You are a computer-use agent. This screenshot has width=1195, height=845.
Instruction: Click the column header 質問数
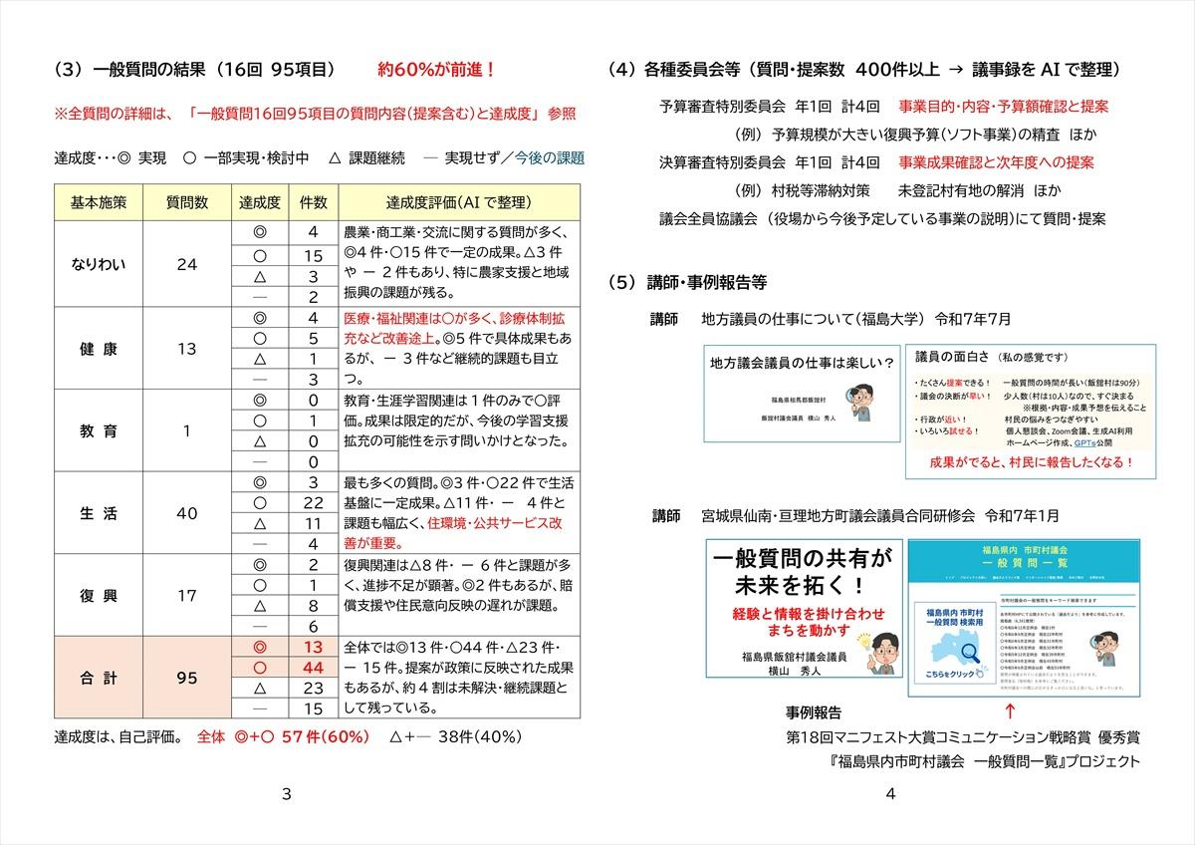click(x=186, y=201)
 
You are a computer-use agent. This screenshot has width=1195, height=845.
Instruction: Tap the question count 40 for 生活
click(x=186, y=514)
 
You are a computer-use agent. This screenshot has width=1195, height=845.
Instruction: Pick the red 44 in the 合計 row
click(x=313, y=667)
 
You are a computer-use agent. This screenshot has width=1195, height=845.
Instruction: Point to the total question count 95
click(x=186, y=678)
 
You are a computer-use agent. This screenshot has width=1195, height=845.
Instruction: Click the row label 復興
click(x=99, y=596)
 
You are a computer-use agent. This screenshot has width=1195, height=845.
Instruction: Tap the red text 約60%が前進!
click(x=436, y=71)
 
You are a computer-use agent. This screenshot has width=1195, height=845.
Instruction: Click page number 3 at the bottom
click(x=287, y=794)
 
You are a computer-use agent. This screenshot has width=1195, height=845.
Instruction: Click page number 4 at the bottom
click(x=890, y=794)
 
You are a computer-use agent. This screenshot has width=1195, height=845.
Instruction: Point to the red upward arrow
click(x=1010, y=710)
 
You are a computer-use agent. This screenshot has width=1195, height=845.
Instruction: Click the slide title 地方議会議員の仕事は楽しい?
click(x=802, y=362)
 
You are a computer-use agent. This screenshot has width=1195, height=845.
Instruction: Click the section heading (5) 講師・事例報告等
click(x=686, y=282)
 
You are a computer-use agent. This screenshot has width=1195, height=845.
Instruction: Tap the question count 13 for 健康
click(x=186, y=349)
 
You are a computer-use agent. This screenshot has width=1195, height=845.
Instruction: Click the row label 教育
click(x=99, y=431)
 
